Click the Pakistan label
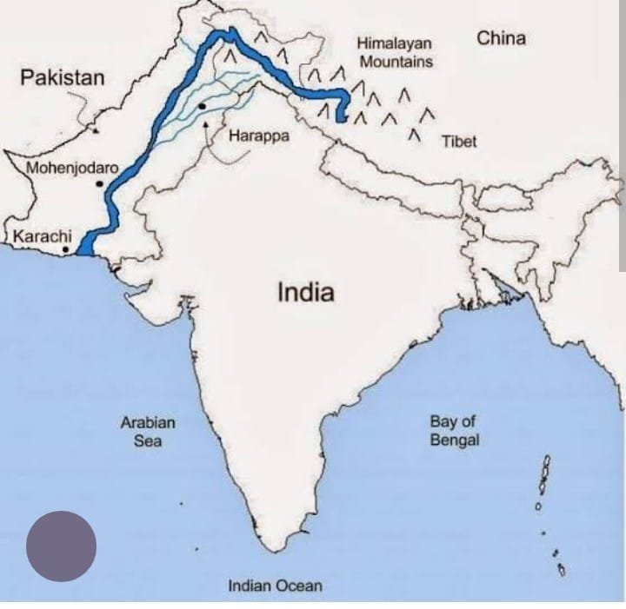[x=62, y=77]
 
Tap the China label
[x=501, y=38]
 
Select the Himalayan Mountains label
[x=395, y=52]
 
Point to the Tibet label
[x=459, y=141]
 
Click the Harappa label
[x=258, y=136]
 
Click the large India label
[x=305, y=292]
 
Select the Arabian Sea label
[x=148, y=431]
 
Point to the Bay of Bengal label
[x=454, y=430]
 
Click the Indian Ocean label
[x=275, y=586]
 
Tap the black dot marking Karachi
[x=66, y=250]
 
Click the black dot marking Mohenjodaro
[x=101, y=184]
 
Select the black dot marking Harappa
[x=202, y=106]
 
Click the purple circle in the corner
[x=61, y=546]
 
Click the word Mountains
[x=396, y=62]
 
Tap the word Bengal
[x=454, y=440]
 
